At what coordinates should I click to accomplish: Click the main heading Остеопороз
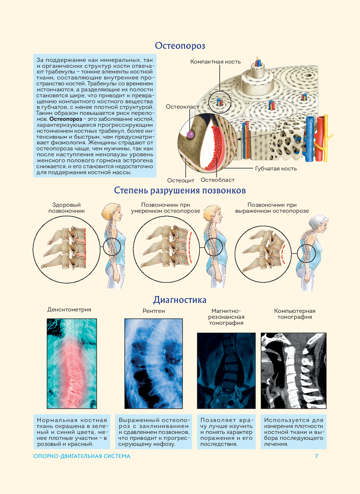[x=180, y=46]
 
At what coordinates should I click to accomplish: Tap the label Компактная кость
[x=215, y=62]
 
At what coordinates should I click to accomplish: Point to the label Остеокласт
[x=182, y=107]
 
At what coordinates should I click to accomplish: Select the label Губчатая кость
[x=276, y=169]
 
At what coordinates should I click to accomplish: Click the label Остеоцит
[x=181, y=180]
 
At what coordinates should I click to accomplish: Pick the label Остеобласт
[x=217, y=180]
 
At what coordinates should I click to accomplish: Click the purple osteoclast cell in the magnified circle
[x=190, y=134]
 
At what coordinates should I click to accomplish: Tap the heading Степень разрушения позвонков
[x=180, y=190]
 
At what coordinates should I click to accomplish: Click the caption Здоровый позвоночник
[x=67, y=208]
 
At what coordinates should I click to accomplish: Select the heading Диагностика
[x=180, y=300]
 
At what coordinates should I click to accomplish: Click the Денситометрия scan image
[x=72, y=363]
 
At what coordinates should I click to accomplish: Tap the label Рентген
[x=154, y=311]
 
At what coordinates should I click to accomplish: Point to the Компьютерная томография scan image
[x=293, y=370]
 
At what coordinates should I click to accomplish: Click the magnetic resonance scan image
[x=226, y=370]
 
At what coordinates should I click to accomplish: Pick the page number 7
[x=316, y=456]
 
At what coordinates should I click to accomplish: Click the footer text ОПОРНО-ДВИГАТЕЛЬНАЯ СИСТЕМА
[x=82, y=456]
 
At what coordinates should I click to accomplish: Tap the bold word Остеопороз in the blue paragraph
[x=66, y=119]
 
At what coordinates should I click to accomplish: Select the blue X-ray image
[x=153, y=363]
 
